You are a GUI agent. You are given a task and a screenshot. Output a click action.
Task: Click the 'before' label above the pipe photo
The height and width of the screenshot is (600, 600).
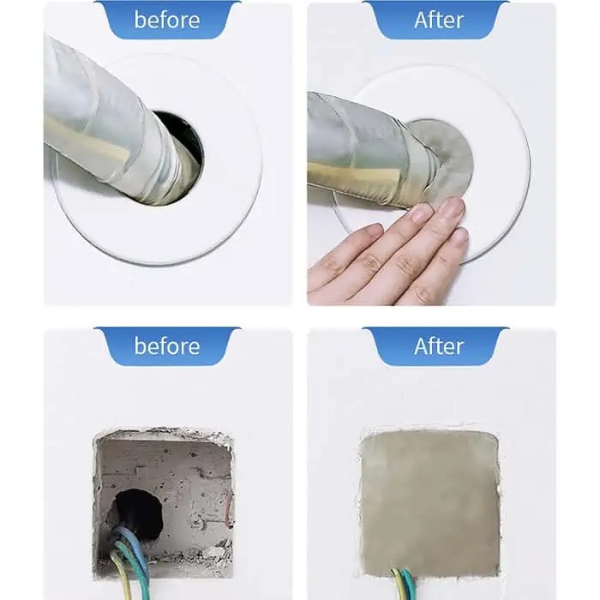tap(167, 20)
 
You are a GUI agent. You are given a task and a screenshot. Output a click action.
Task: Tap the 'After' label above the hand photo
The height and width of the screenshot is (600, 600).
tap(439, 20)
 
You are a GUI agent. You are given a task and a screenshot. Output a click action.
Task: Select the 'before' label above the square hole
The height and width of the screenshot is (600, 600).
tap(167, 346)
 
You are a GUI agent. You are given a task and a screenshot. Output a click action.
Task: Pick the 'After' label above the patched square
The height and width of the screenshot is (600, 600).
tap(439, 346)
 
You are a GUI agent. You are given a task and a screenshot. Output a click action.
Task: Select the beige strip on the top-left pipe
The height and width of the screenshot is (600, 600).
tap(87, 141)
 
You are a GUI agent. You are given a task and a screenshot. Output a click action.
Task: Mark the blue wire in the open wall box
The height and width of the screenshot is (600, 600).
tap(132, 543)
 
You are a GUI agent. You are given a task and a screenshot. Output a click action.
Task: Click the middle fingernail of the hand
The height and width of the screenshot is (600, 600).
tap(452, 208)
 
